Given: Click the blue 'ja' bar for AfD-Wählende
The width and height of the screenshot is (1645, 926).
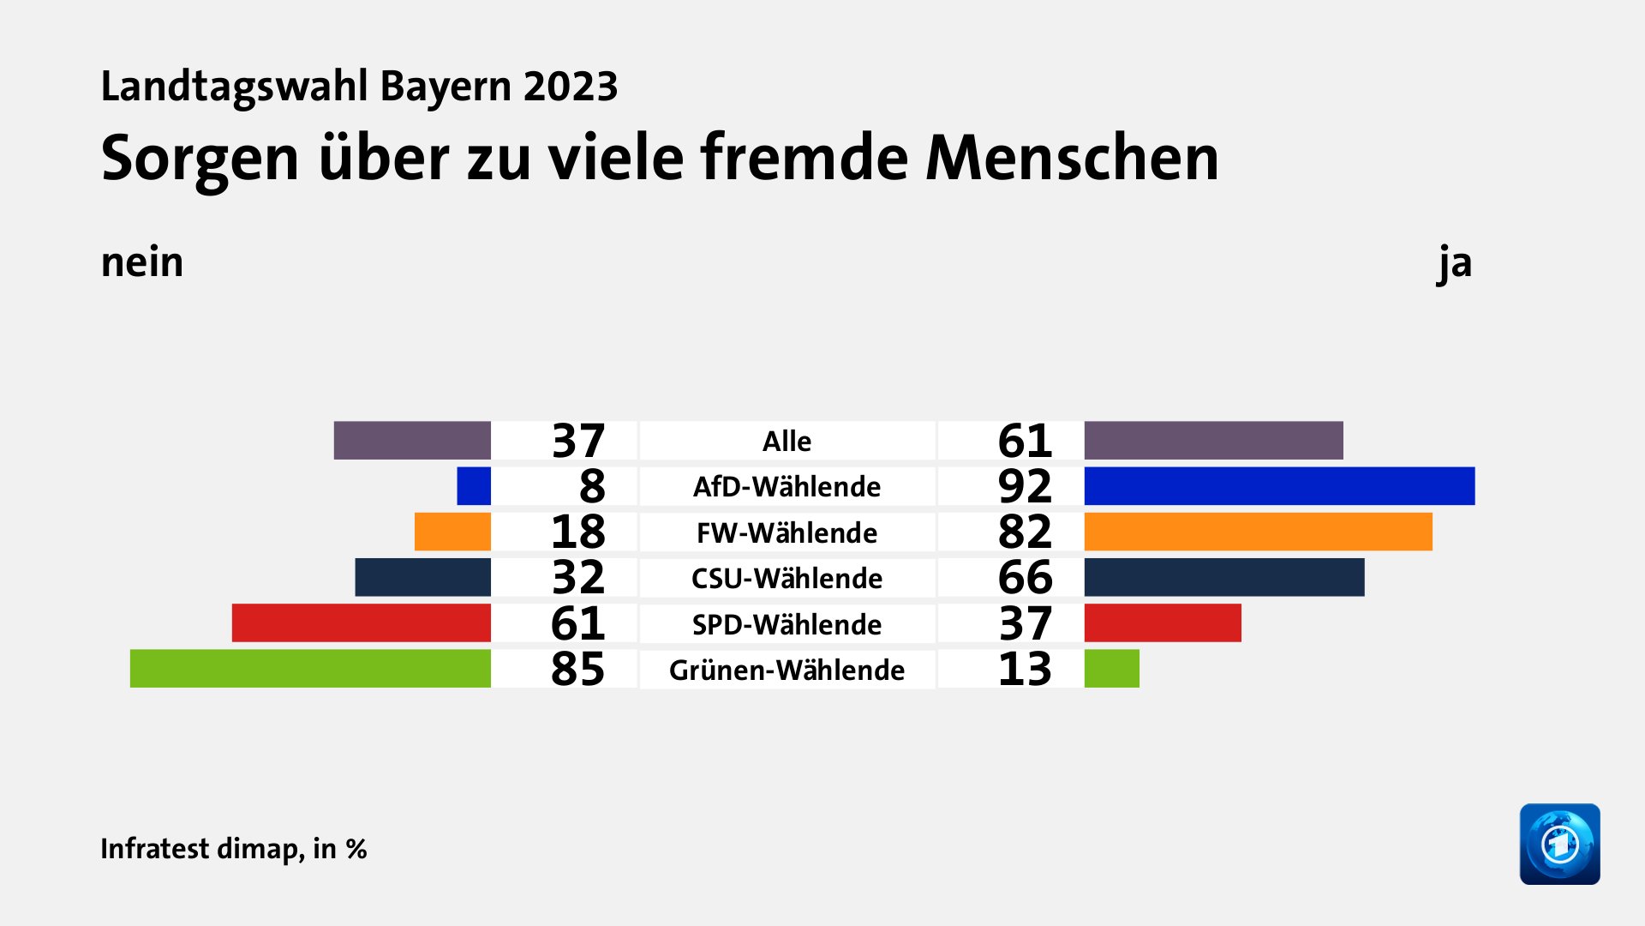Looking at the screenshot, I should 1279,486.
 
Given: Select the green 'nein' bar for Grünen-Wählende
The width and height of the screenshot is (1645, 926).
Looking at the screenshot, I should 310,669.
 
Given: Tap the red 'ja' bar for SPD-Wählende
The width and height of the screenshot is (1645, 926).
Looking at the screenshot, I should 1163,623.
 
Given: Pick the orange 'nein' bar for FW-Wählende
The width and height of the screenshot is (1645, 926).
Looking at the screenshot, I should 452,532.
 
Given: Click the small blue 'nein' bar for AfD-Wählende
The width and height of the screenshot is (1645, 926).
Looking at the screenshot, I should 474,486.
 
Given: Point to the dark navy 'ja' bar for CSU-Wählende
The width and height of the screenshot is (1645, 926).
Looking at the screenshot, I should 1224,577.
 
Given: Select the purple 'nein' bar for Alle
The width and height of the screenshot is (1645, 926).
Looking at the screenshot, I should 412,441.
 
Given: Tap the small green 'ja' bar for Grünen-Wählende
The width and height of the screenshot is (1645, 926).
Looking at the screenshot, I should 1112,669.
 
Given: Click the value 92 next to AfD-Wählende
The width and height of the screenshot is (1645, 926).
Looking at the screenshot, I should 1025,486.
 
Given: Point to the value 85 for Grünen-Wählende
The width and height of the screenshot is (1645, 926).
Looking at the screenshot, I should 577,669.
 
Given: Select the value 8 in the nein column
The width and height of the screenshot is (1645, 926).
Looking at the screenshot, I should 592,486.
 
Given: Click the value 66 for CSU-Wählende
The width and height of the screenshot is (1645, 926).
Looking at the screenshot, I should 1025,577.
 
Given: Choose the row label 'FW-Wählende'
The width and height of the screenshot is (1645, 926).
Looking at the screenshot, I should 787,532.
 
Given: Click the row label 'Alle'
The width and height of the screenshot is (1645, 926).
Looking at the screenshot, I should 787,441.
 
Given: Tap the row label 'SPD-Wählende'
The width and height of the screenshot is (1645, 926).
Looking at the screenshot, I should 787,624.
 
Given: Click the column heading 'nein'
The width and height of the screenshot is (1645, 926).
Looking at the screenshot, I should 142,262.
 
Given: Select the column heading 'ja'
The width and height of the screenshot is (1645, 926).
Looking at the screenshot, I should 1455,262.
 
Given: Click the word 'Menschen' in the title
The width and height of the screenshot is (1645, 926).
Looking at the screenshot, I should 1072,158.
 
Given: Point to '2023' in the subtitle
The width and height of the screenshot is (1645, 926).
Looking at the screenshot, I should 571,87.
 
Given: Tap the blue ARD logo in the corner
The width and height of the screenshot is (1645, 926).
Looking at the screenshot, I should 1559,844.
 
